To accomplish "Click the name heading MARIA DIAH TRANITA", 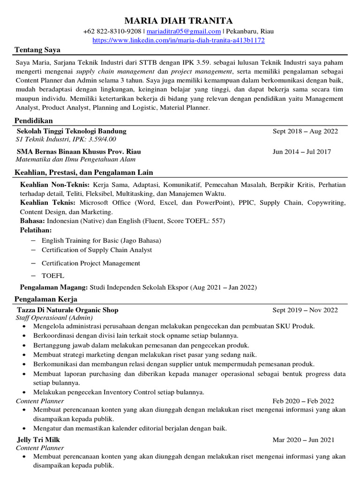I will click(178, 21).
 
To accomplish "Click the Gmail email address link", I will click(184, 31).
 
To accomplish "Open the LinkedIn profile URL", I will click(179, 41).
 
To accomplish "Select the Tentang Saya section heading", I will click(37, 50).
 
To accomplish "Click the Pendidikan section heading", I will click(34, 120).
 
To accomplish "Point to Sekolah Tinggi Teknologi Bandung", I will click(71, 131).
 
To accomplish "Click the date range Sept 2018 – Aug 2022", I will click(305, 131).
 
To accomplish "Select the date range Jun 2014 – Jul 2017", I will click(302, 151).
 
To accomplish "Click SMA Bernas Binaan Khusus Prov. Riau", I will click(79, 151).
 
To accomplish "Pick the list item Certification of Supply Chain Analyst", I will click(97, 250).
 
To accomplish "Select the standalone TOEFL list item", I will click(53, 276).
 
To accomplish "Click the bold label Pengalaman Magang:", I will click(54, 287).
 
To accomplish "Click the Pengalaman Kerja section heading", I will click(46, 299).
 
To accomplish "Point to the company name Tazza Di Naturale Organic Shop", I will click(67, 310).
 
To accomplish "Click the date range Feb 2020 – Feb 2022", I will click(303, 401).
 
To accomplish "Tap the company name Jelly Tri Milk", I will click(38, 440).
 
